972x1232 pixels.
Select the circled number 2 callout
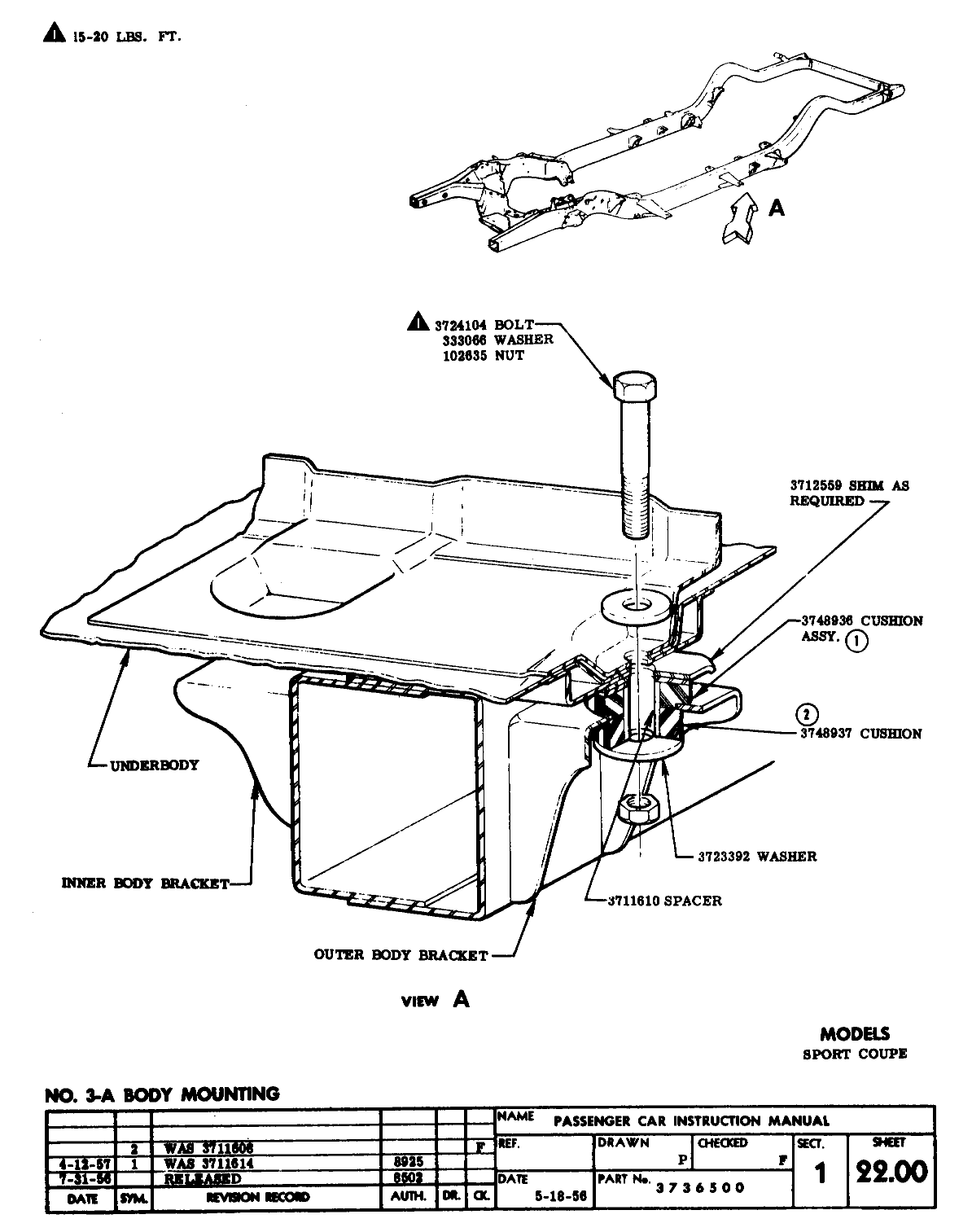point(805,715)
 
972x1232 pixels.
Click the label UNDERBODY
point(154,765)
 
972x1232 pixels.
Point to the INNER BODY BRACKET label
point(146,883)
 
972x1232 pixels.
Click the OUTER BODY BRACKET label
point(401,955)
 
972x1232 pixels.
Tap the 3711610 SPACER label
point(665,901)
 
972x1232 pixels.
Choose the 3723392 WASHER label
point(757,856)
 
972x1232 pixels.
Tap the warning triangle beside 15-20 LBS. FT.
point(53,33)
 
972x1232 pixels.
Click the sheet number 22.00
point(891,1172)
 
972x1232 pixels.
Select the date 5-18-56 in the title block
point(560,1196)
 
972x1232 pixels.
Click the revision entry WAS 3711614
point(208,1164)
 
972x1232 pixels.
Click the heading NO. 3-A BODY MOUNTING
point(162,1094)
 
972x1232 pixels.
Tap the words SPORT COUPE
point(854,1054)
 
